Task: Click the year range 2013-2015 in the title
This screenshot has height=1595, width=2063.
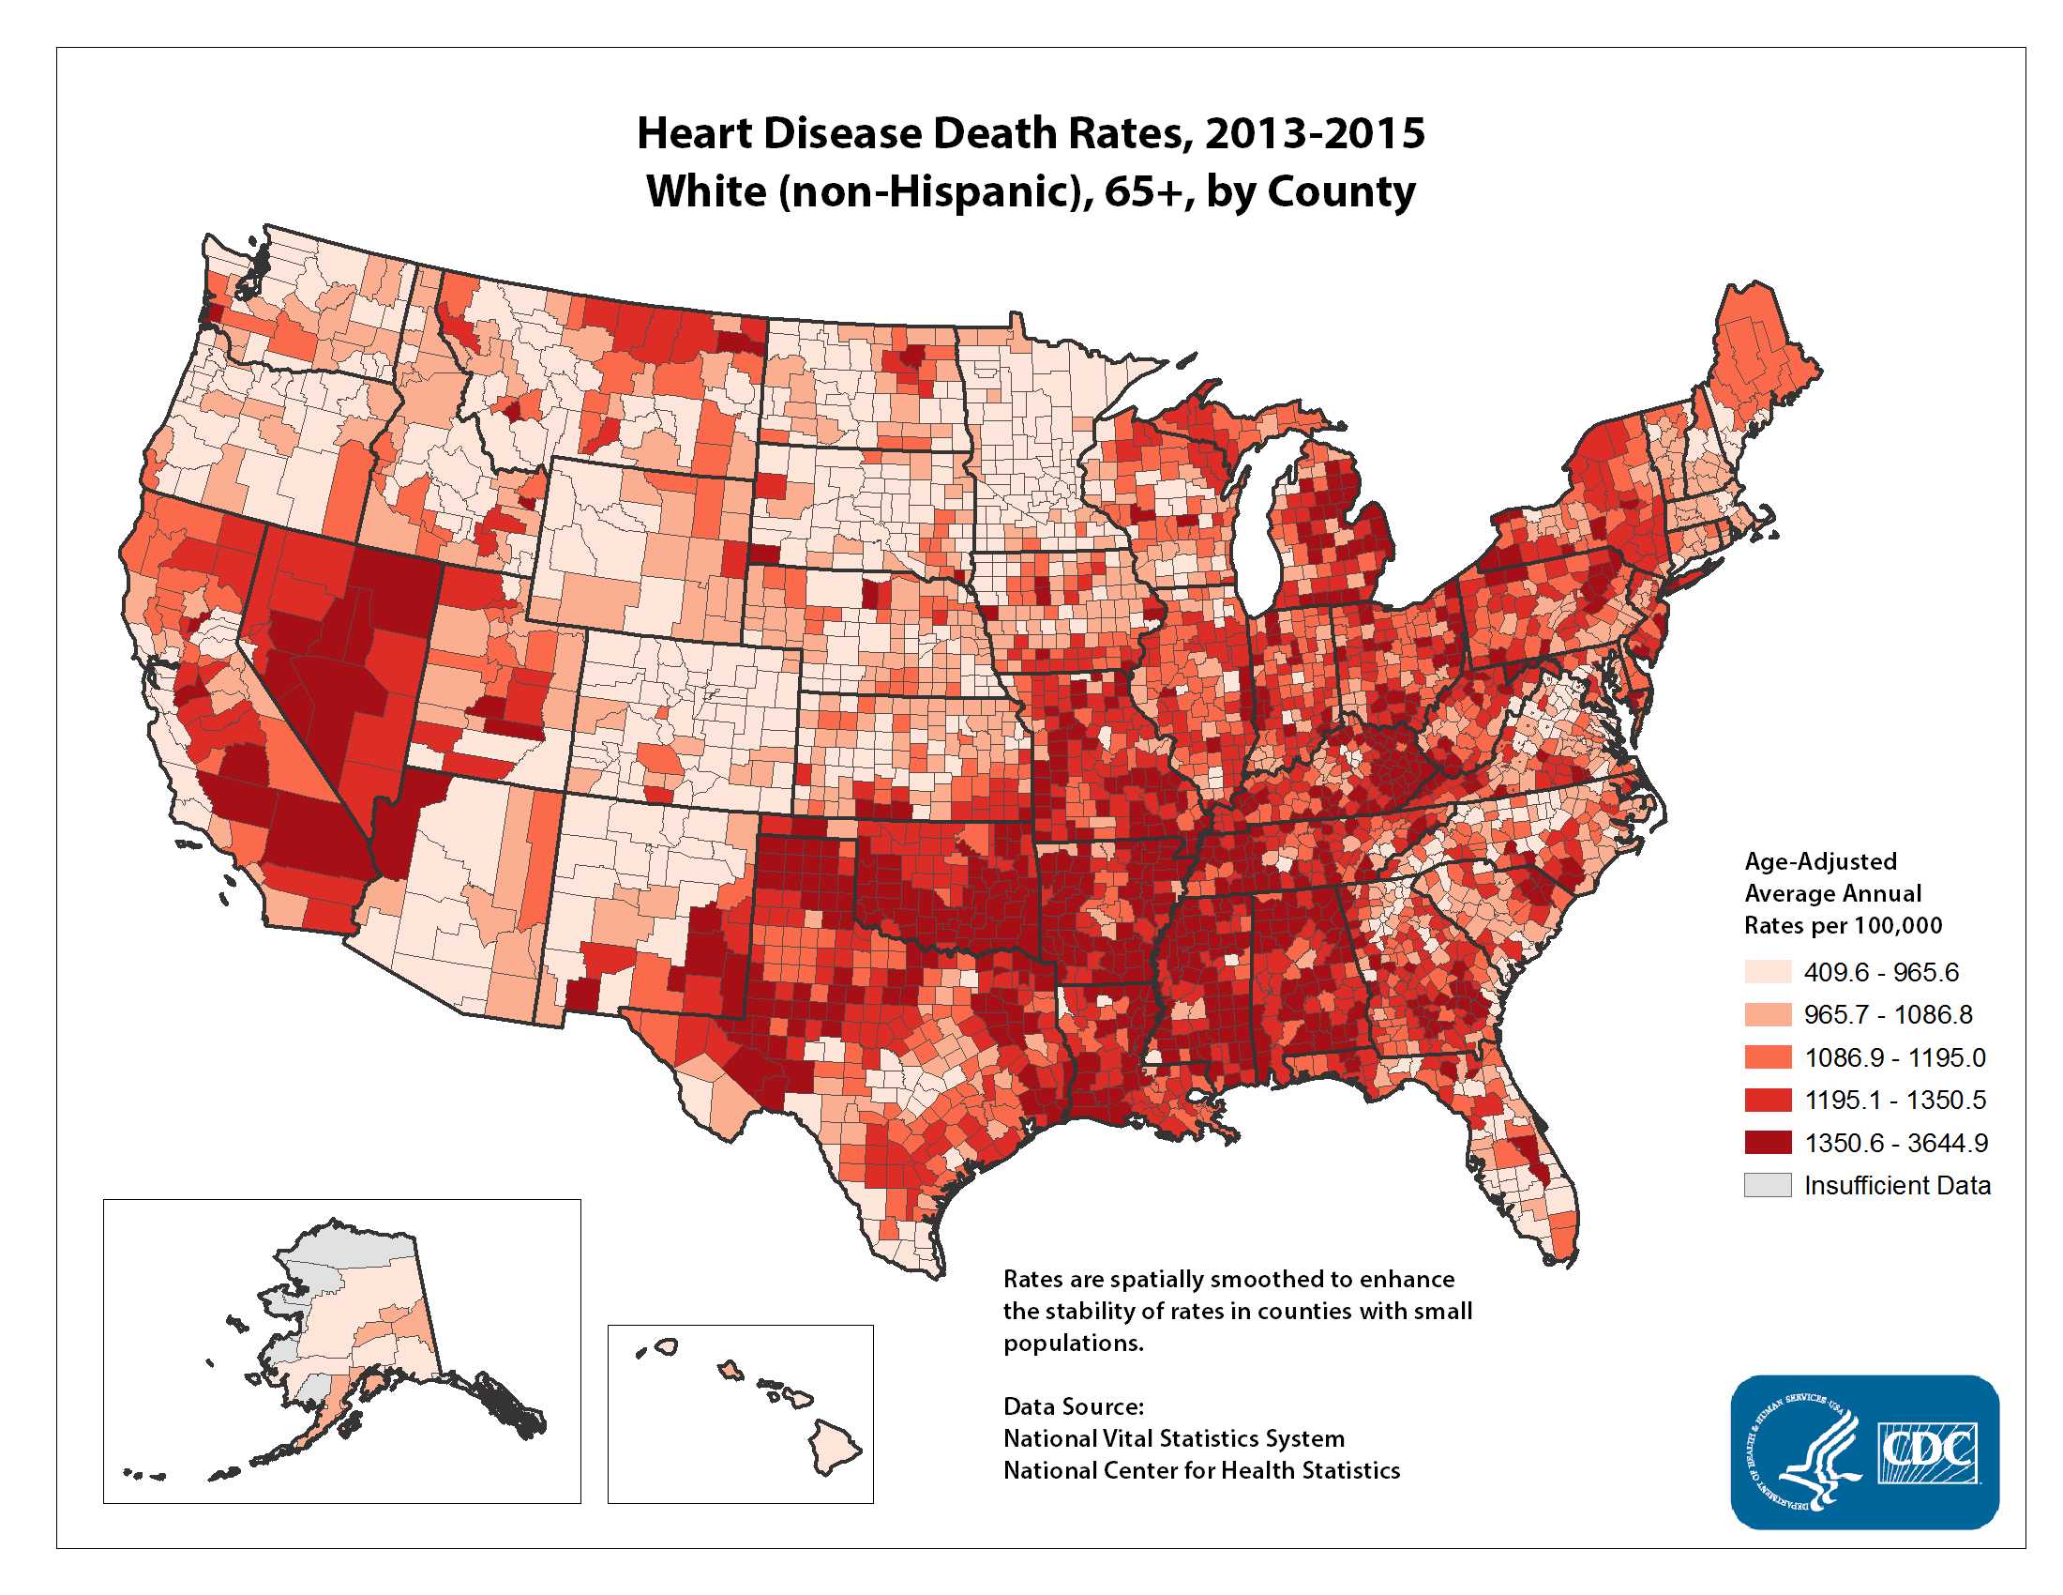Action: (1314, 133)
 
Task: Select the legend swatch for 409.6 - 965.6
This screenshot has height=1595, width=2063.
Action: (1768, 971)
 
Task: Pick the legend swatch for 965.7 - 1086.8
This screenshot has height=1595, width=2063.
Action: (1768, 1014)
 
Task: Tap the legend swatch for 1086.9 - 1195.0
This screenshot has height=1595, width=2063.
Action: (1768, 1056)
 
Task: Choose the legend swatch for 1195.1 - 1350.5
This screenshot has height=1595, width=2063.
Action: (1768, 1099)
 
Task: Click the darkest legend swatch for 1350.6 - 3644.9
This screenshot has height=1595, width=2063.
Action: (1768, 1143)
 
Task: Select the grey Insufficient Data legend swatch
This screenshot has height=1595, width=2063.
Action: (1768, 1185)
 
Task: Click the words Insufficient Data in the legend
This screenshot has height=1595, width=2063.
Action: (1897, 1185)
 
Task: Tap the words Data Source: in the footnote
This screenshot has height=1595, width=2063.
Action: (1073, 1406)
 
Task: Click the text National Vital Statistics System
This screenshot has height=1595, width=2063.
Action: (1173, 1438)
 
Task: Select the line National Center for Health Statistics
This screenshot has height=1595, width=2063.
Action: (1200, 1470)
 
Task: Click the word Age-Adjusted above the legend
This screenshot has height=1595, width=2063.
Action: (1819, 860)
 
